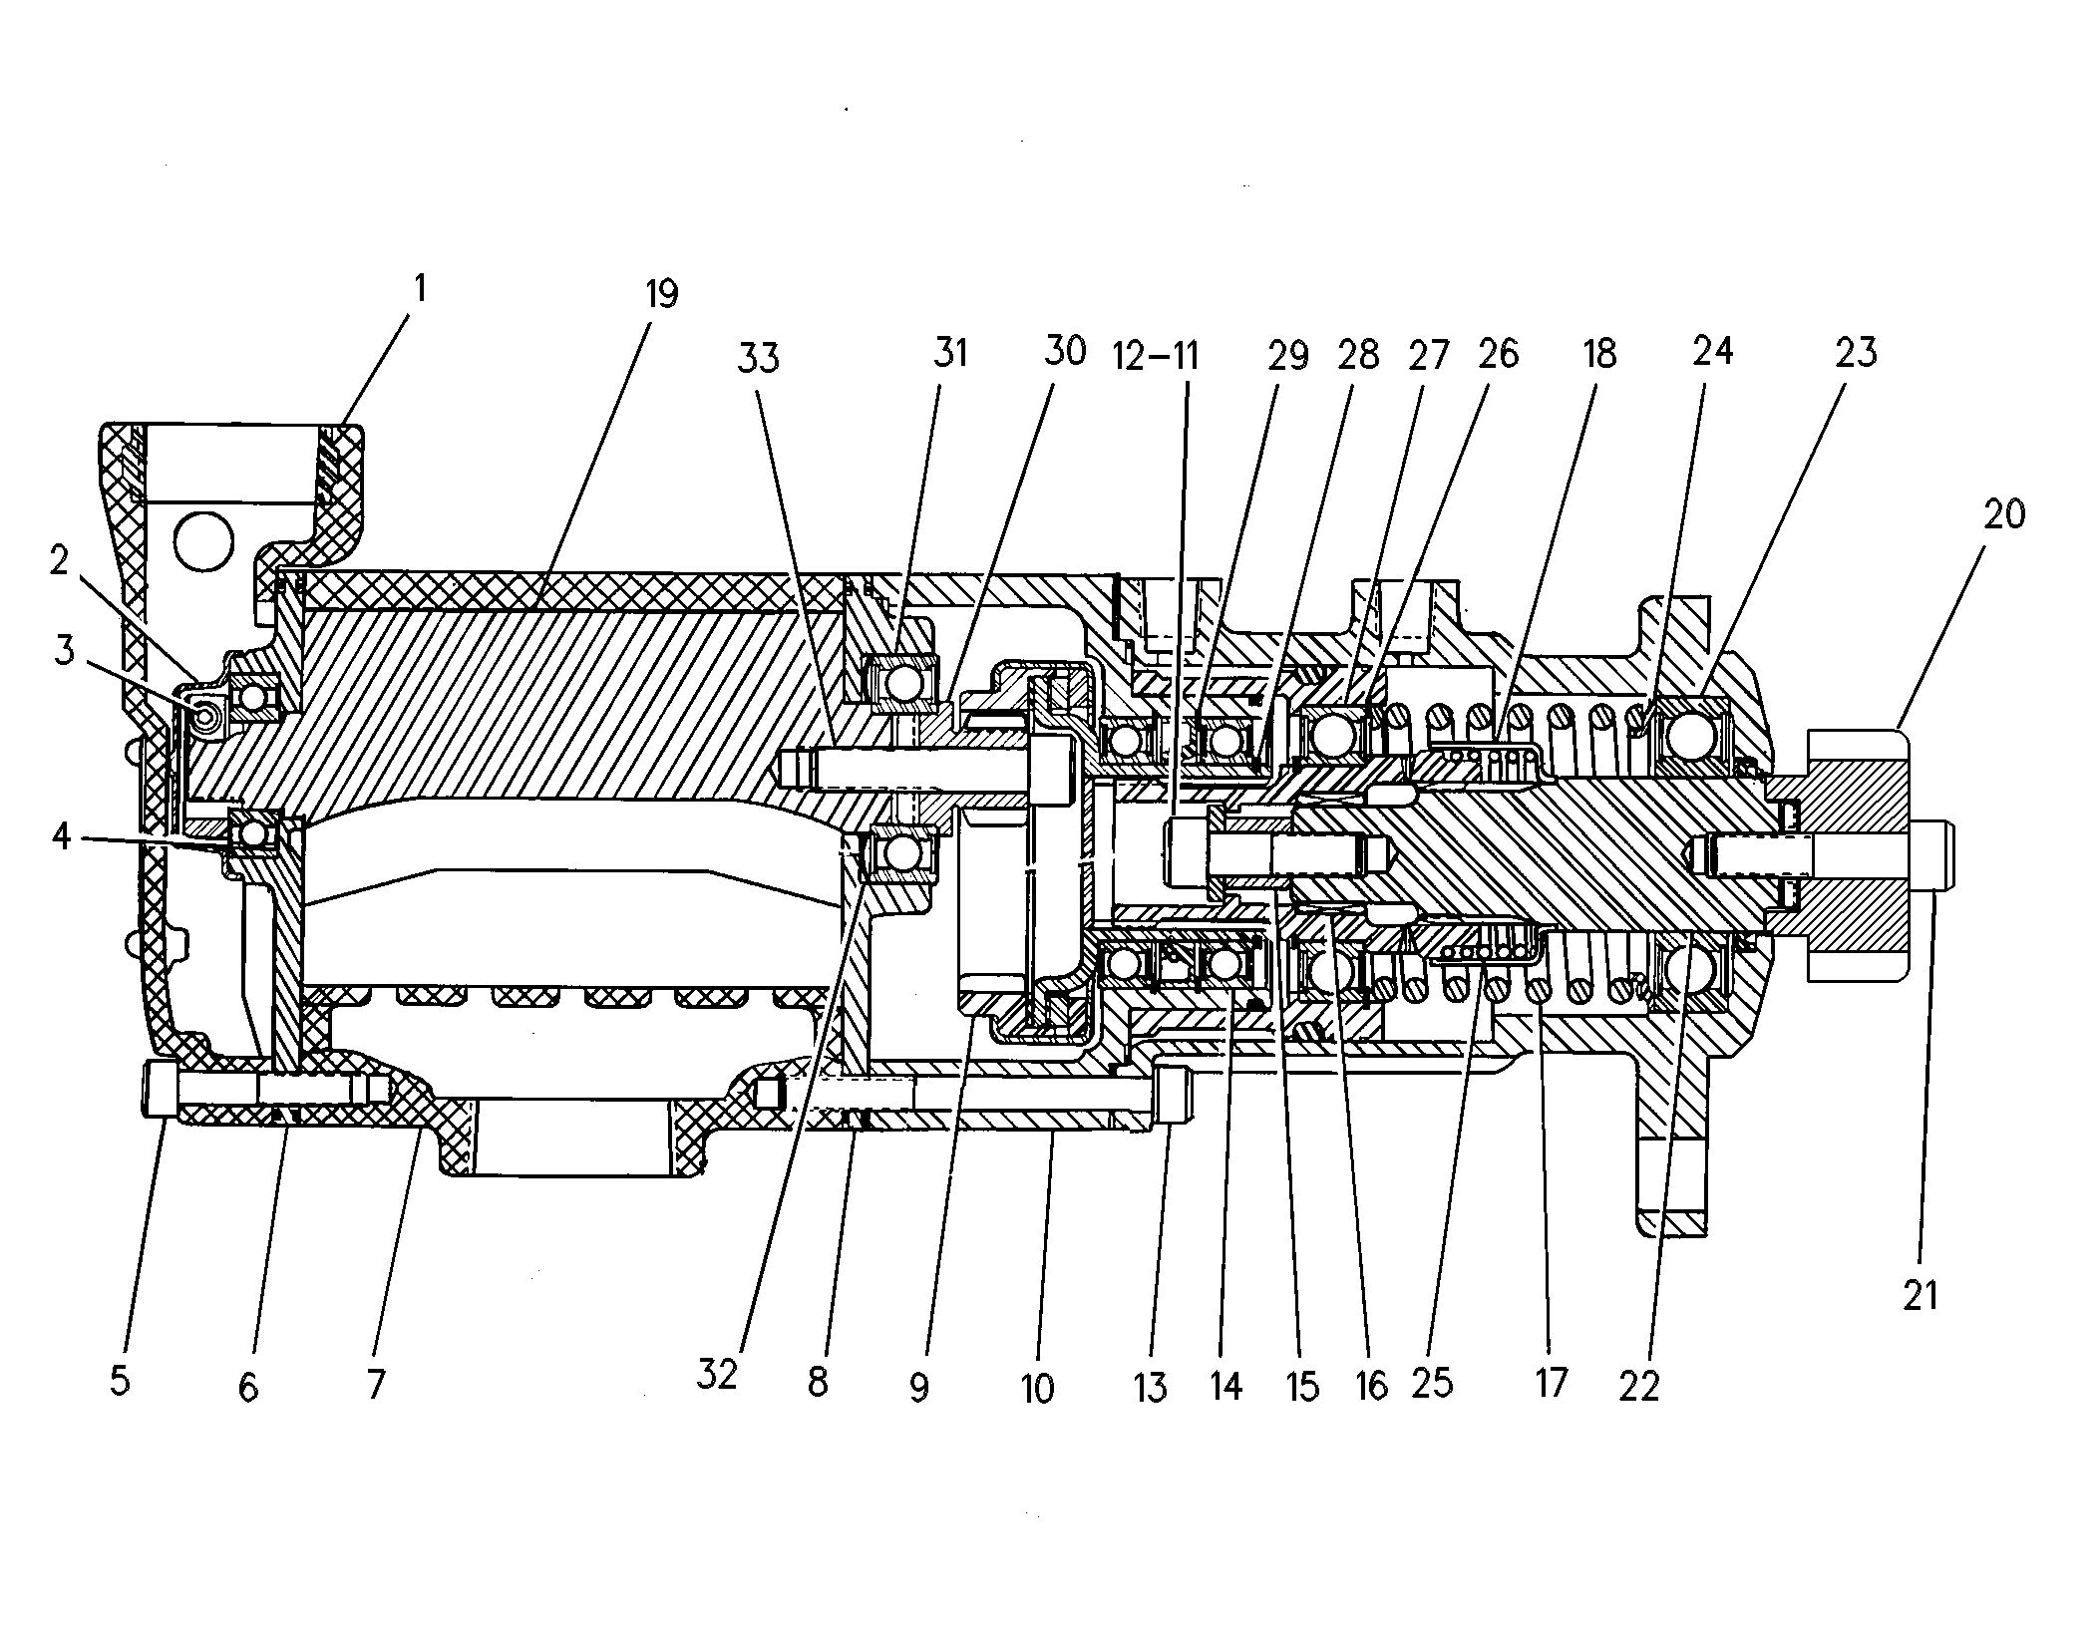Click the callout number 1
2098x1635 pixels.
tap(420, 289)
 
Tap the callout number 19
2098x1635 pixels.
tap(661, 295)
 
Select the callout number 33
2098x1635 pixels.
tap(758, 358)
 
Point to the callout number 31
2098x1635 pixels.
tap(949, 353)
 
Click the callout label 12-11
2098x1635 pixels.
tap(1157, 356)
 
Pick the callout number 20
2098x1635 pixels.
tap(2004, 514)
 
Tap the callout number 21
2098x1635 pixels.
tap(1920, 1295)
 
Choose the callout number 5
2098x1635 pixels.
tap(120, 1381)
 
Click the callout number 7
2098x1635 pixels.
tap(376, 1383)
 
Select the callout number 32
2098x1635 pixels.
tap(717, 1375)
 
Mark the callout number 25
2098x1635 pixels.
tap(1432, 1383)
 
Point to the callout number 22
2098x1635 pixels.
tap(1639, 1386)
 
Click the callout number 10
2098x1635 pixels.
tap(1037, 1387)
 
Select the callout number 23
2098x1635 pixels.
tap(1856, 353)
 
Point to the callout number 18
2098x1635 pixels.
tap(1599, 354)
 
